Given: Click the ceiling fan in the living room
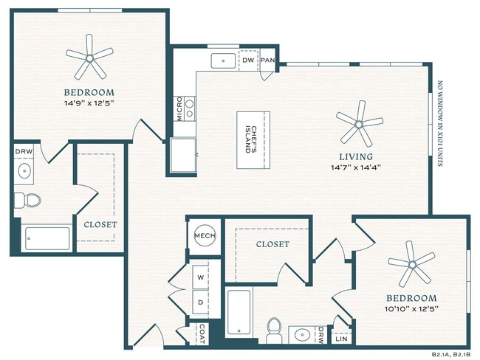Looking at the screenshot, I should click(359, 122).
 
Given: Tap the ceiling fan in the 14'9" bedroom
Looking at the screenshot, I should click(89, 56).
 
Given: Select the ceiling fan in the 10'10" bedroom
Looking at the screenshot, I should click(411, 266).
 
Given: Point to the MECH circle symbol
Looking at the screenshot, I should click(204, 236).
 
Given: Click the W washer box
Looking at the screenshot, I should click(200, 278).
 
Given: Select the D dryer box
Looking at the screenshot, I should click(200, 302).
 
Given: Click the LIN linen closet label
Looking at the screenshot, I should click(341, 339).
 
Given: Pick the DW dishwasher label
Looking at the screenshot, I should click(248, 60).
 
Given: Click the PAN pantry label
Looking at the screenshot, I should click(268, 60).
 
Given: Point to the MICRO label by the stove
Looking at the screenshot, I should click(179, 108).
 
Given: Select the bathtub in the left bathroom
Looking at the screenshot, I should click(47, 239).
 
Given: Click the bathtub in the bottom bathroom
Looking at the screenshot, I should click(241, 313).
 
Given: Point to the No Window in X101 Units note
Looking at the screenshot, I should click(440, 123).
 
